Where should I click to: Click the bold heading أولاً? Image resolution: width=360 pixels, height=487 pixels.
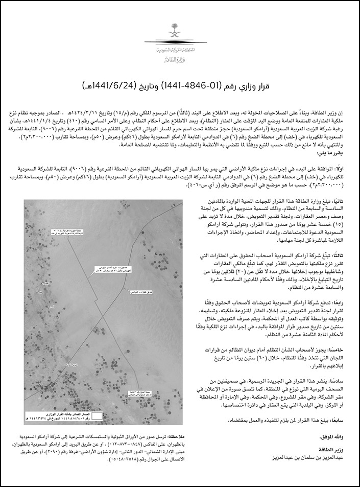pyautogui.click(x=342, y=154)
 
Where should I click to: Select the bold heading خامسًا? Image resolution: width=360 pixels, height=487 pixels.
pyautogui.click(x=340, y=349)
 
